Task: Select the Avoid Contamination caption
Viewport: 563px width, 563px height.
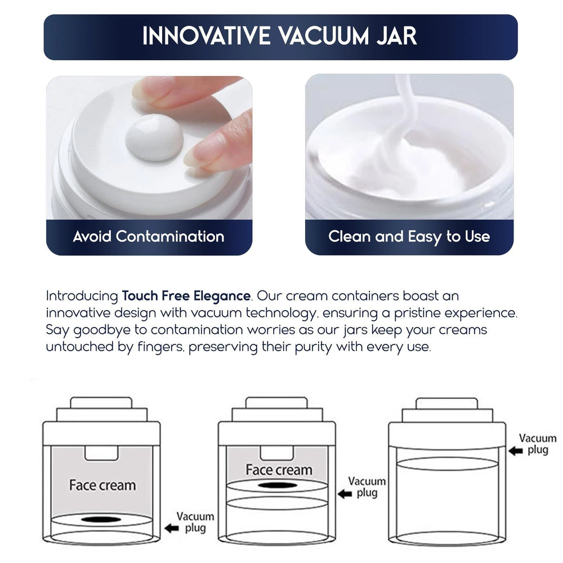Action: point(149,236)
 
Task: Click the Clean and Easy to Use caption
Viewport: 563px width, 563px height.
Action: point(409,236)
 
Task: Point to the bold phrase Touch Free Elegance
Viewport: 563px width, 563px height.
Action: point(186,296)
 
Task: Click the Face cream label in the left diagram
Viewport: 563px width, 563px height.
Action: point(102,485)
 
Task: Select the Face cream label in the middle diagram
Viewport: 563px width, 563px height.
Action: point(278,470)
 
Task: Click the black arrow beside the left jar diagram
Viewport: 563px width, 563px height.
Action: point(171,528)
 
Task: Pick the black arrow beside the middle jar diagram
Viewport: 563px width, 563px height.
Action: point(345,494)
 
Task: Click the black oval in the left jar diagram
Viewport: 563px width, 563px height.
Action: point(102,519)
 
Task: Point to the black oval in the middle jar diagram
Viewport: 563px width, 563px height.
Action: point(278,485)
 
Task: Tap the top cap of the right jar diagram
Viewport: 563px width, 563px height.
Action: point(446,404)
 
